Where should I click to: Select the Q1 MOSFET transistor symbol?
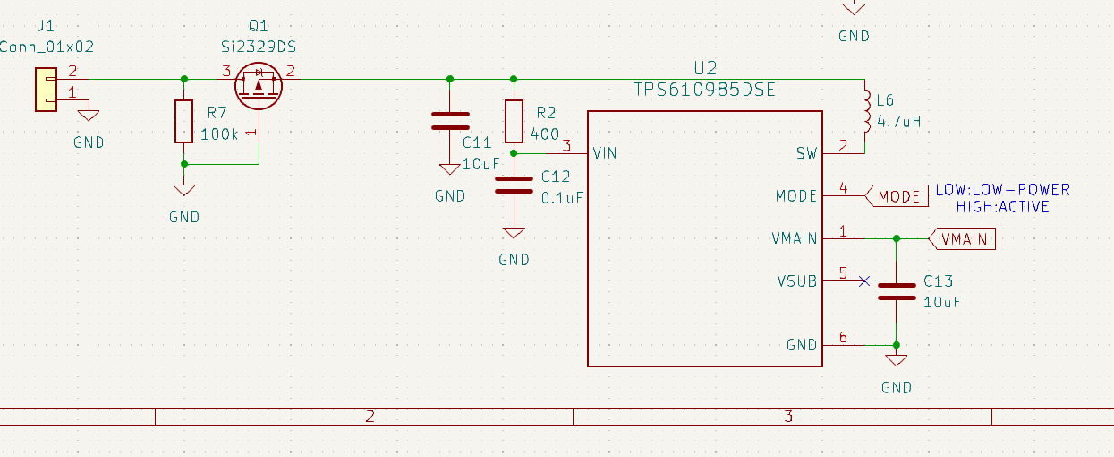(259, 85)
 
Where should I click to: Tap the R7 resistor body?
(183, 122)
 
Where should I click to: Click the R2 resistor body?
(514, 121)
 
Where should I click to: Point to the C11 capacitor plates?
(450, 121)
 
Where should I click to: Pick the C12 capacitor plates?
(514, 185)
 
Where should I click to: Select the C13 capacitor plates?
(896, 291)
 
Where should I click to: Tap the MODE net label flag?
(897, 196)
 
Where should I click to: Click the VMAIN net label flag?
(963, 239)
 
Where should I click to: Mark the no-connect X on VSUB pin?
(863, 280)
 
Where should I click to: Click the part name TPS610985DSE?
(704, 91)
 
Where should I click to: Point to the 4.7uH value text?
(899, 121)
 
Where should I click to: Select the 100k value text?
(219, 134)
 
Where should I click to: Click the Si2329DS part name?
(258, 45)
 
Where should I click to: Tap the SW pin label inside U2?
(806, 153)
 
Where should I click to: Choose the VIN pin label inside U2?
(604, 153)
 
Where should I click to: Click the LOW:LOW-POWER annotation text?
(1002, 190)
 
